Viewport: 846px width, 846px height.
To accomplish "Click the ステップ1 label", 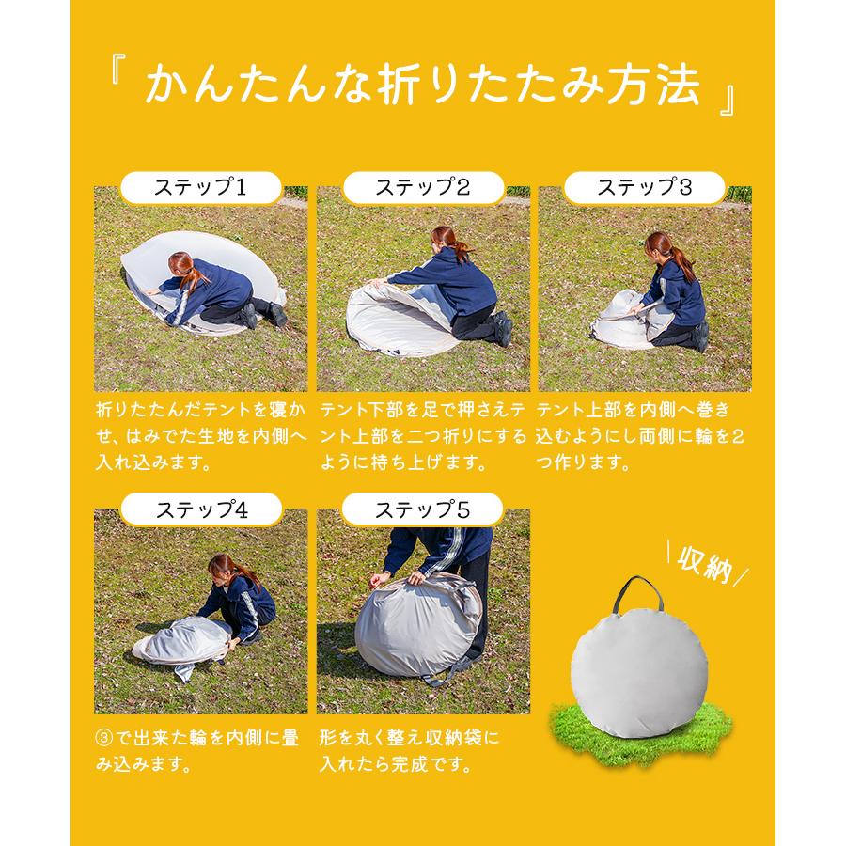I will [x=201, y=187].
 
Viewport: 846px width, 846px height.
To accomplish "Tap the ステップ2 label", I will [x=423, y=187].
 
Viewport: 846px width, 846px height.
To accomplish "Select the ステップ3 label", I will [x=644, y=187].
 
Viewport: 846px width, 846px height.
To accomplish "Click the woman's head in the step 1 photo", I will [x=183, y=265].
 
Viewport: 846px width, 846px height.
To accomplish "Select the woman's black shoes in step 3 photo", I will [x=700, y=336].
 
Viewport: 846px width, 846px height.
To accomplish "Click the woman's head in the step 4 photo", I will [x=222, y=567].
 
